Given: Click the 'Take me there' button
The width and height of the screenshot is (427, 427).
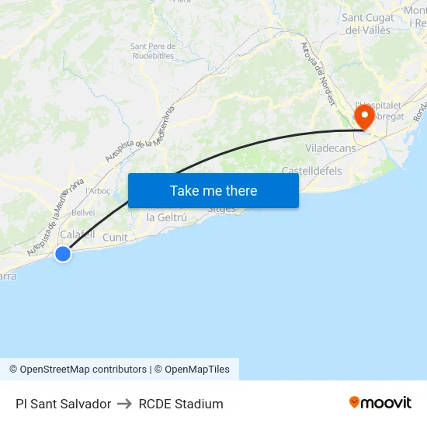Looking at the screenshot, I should (213, 190).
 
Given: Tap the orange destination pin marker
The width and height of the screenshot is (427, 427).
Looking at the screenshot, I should (363, 117).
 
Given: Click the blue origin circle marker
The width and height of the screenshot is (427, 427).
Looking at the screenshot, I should (63, 253).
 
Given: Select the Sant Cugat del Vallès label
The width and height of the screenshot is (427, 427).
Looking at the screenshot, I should (368, 23).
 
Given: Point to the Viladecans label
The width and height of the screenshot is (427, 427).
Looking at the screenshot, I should (330, 148).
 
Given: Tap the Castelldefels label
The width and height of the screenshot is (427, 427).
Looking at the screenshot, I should (311, 170).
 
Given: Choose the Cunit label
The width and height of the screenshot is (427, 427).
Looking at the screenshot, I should (115, 237).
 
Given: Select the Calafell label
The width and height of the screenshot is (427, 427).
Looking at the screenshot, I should (78, 234).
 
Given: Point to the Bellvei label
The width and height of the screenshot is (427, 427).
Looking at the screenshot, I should (83, 212).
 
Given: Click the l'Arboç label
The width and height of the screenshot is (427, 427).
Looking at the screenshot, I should (99, 190).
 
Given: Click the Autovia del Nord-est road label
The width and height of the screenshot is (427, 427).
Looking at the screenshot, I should (318, 74).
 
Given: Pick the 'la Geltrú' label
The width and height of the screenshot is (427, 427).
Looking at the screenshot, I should (167, 217).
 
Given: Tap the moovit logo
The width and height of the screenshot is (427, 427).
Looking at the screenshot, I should (380, 403).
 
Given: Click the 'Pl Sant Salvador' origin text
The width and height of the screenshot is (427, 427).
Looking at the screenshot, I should (63, 404).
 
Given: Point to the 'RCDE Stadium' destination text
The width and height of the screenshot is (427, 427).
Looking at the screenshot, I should (181, 404).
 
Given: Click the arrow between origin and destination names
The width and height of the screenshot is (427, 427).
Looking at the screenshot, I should (125, 404).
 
